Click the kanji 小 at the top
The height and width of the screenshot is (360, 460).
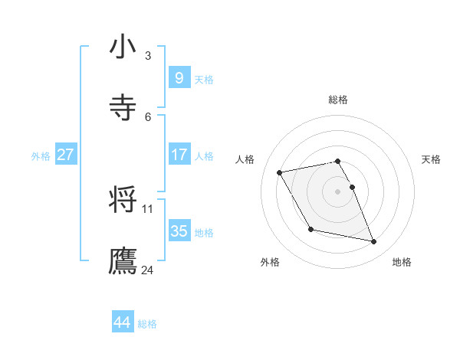[123, 47]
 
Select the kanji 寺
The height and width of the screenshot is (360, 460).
[123, 109]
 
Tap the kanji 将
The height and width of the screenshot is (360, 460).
[123, 201]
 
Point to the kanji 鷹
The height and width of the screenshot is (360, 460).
[123, 261]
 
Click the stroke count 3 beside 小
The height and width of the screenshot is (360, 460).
[148, 56]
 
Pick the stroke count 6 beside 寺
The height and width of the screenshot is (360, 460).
[148, 117]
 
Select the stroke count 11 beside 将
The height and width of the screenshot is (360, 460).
[148, 208]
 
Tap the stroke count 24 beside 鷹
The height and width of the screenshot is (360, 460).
[148, 270]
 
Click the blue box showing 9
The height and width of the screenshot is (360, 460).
[179, 78]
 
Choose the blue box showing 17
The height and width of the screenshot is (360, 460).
[179, 155]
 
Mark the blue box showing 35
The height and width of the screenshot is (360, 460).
[179, 231]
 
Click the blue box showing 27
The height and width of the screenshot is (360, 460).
[65, 155]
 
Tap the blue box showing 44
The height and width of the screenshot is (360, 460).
[122, 322]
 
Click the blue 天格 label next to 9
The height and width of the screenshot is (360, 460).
[204, 80]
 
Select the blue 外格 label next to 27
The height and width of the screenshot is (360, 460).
[41, 156]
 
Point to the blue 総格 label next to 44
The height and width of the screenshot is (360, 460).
[147, 324]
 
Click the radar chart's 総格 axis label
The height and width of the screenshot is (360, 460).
[338, 100]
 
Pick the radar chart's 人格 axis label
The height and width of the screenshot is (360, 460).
[245, 159]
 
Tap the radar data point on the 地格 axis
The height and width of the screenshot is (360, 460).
[374, 242]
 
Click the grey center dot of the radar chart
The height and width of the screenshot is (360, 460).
[338, 191]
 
